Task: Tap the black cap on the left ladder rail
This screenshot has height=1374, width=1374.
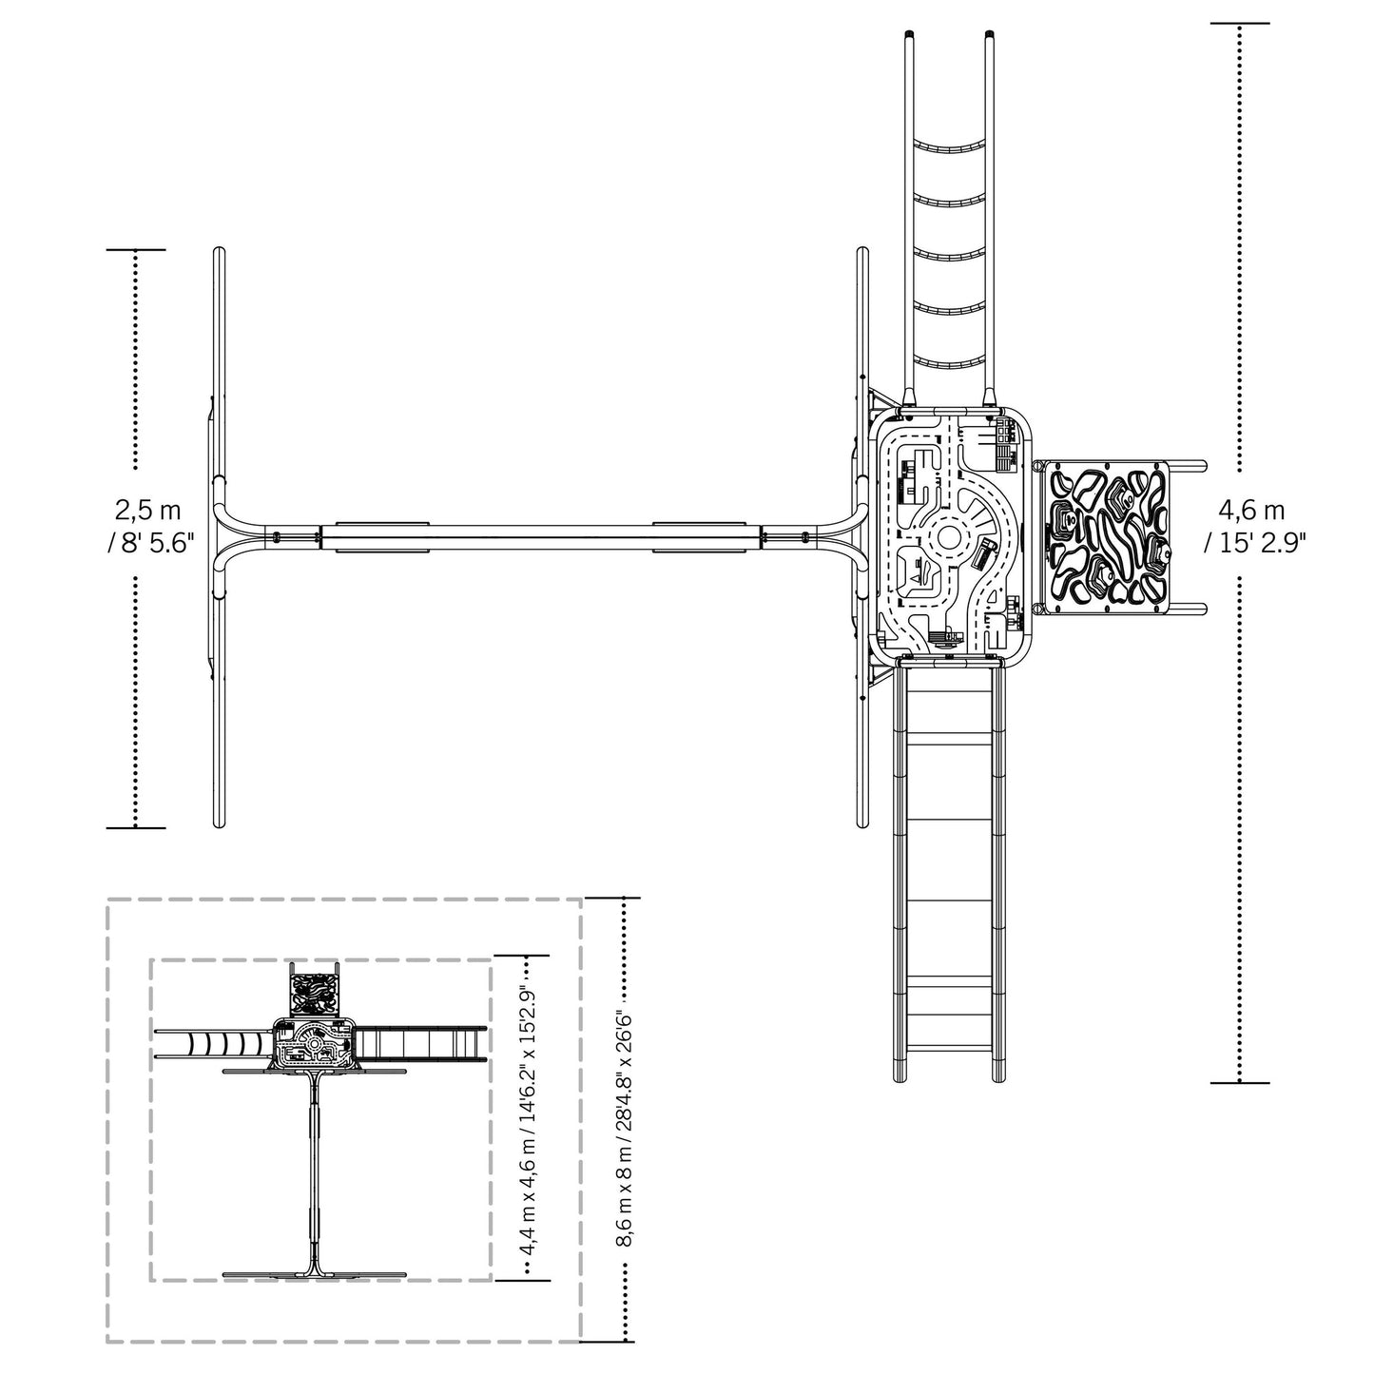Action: [908, 35]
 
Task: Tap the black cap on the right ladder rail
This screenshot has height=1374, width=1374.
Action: [990, 35]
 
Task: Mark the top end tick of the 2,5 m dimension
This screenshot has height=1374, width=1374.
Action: [136, 250]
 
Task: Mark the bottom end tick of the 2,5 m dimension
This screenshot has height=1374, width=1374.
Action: [136, 827]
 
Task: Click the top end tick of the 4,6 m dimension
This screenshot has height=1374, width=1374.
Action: [1240, 23]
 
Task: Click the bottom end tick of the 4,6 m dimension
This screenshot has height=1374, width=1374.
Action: [1240, 1082]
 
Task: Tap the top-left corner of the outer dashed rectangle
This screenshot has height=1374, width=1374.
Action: [107, 899]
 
